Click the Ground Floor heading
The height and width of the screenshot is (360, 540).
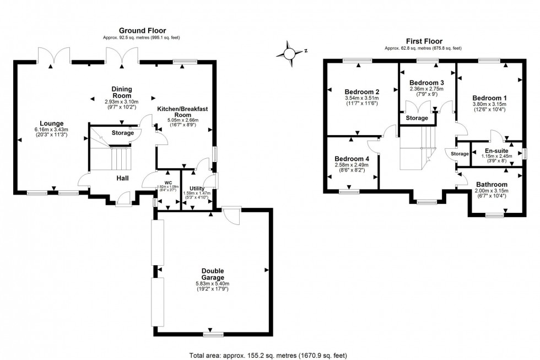pos(142,30)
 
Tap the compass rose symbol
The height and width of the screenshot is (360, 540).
pos(290,53)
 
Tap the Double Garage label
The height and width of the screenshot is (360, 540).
pos(212,274)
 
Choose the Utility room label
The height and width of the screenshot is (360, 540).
pos(197,189)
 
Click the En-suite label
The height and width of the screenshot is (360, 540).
pos(496,151)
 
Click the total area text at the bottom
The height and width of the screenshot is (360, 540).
pos(267,356)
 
